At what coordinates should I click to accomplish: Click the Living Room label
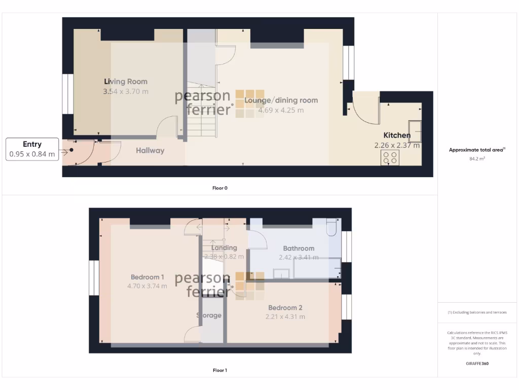(126, 81)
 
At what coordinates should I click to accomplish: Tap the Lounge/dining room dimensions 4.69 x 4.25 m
(281, 110)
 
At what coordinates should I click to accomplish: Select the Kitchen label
(396, 135)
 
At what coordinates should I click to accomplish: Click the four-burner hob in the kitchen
(389, 158)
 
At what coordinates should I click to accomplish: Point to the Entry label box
(32, 149)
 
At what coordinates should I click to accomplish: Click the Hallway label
(150, 150)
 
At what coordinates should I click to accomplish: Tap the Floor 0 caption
(220, 188)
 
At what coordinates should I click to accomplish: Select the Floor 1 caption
(220, 370)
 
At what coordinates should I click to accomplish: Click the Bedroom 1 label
(147, 277)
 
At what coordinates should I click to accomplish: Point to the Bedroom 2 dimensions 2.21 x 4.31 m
(285, 317)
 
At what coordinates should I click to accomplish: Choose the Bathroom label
(299, 248)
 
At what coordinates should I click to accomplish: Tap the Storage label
(209, 315)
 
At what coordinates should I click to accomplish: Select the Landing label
(224, 248)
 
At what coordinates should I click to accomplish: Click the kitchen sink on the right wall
(415, 132)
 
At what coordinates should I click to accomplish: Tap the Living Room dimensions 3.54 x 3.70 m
(126, 92)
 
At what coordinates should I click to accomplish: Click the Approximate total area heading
(477, 150)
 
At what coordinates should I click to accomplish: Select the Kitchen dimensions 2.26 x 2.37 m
(397, 145)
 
